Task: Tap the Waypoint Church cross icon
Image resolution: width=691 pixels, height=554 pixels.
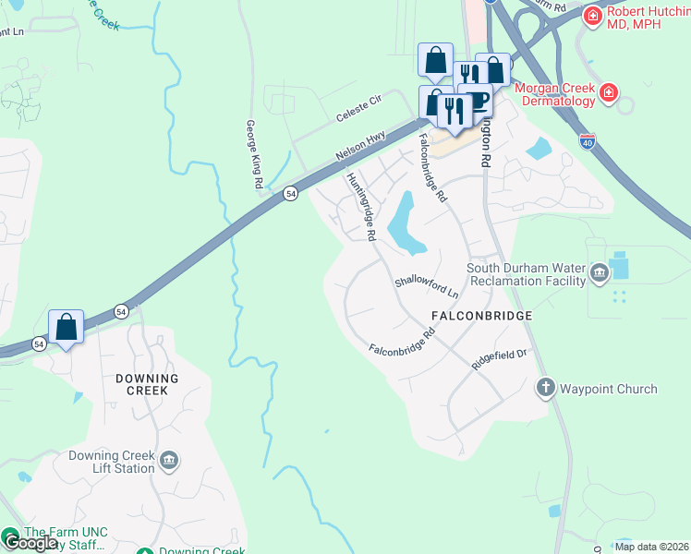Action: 545,388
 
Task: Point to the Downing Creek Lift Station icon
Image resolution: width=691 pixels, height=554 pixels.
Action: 168,461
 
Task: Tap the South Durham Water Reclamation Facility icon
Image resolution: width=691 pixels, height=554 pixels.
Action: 599,272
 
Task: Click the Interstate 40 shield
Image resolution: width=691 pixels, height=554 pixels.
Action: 588,142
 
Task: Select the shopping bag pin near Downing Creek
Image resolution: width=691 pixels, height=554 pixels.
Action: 67,327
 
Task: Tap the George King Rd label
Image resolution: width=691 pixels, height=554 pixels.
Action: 251,154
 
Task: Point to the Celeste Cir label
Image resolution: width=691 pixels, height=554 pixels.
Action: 358,113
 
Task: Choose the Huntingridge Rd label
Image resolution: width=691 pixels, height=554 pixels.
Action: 360,207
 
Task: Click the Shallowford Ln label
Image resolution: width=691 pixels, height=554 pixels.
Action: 426,287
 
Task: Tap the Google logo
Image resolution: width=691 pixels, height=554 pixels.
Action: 30,543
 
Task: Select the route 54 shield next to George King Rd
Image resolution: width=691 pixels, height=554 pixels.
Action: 290,193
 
